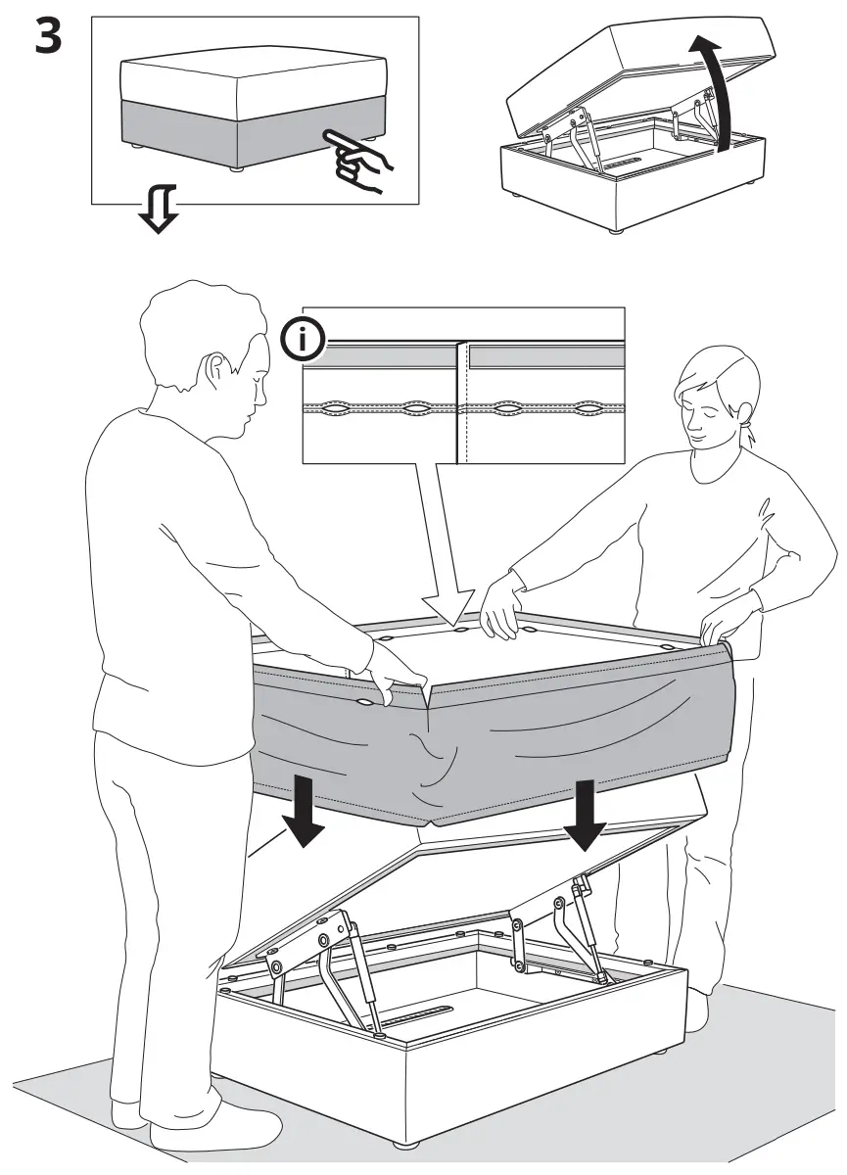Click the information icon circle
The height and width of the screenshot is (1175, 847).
coord(305,341)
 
